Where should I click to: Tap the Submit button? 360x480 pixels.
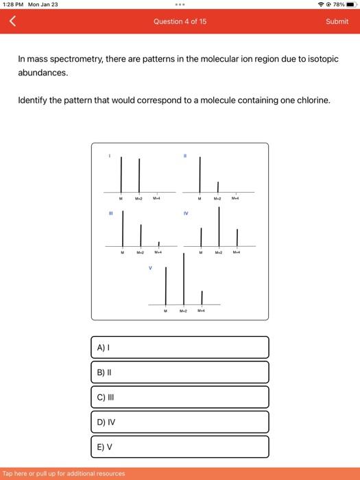click(337, 21)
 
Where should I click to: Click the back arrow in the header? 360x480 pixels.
click(11, 21)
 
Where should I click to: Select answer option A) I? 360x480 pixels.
click(180, 347)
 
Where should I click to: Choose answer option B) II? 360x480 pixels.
click(180, 372)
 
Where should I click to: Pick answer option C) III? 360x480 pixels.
click(180, 397)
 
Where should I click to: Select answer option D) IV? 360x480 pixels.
click(180, 422)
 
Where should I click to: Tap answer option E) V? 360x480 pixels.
click(180, 446)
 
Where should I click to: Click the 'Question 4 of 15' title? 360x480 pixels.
click(180, 21)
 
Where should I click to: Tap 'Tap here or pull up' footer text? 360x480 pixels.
click(64, 473)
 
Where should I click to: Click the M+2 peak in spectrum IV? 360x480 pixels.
click(219, 226)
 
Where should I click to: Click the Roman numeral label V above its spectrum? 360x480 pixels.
click(150, 267)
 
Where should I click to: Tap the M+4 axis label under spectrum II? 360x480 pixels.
click(236, 199)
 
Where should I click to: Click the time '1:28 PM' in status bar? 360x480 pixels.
click(13, 4)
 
